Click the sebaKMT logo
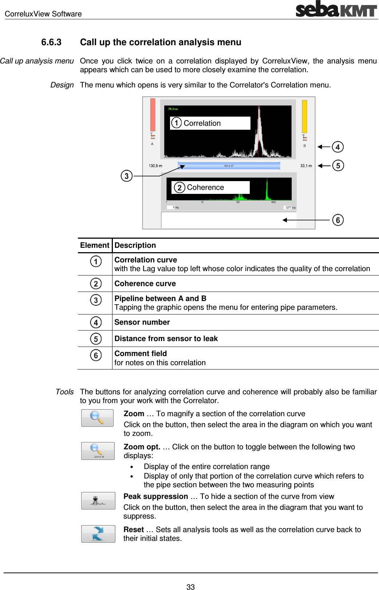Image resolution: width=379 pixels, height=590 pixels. tap(336, 9)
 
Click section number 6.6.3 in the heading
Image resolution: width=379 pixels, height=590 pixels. tap(51, 42)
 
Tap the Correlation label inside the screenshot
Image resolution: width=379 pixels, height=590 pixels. tap(202, 123)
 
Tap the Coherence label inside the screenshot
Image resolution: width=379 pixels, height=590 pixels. tap(205, 187)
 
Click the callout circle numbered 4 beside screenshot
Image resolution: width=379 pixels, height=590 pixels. tap(337, 147)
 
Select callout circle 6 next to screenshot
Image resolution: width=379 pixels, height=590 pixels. tap(337, 220)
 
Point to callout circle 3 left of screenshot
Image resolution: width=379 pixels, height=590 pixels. tap(126, 176)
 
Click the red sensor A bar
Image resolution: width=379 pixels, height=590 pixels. tap(153, 114)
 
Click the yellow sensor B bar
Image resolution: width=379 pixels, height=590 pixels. tap(304, 116)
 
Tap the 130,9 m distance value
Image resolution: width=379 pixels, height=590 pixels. tap(155, 166)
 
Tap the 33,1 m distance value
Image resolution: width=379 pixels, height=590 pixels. tap(306, 166)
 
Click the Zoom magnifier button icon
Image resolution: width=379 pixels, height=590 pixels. tap(97, 418)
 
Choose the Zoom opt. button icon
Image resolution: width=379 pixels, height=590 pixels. tap(98, 451)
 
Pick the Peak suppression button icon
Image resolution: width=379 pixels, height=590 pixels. tap(98, 501)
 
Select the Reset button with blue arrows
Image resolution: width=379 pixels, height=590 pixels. tap(98, 534)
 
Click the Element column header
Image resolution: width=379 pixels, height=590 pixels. tap(95, 245)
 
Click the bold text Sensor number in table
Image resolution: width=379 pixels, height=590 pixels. tap(142, 322)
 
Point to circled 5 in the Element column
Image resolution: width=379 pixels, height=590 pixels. tap(96, 339)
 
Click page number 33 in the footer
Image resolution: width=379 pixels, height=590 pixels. tap(190, 587)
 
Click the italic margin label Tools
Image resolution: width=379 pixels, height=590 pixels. tap(64, 392)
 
